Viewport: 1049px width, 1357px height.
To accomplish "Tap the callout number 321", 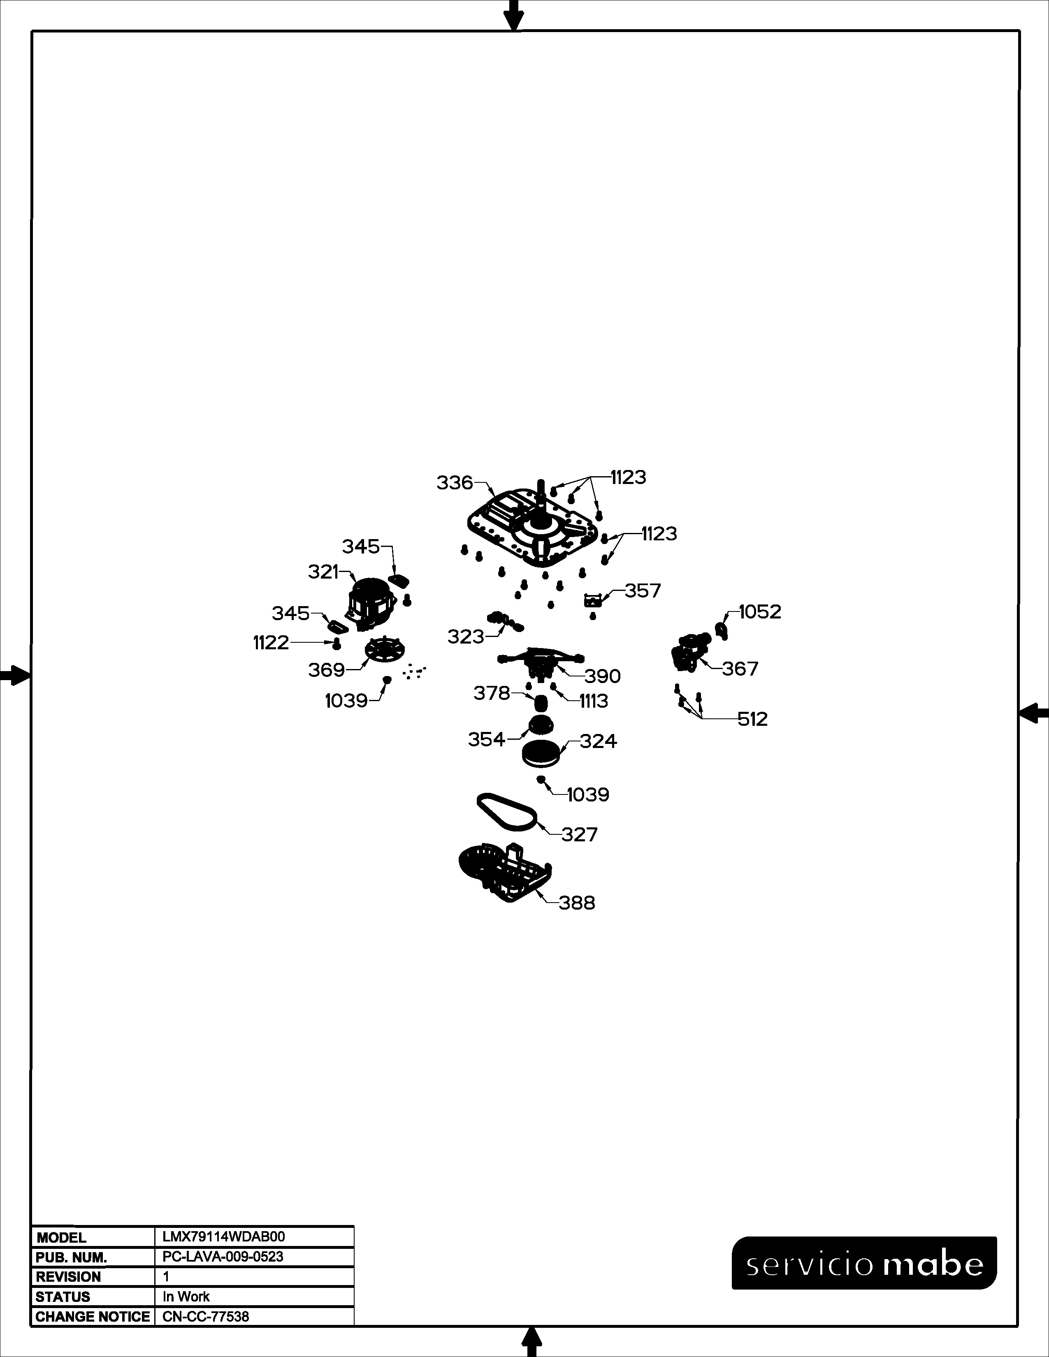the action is (x=323, y=572).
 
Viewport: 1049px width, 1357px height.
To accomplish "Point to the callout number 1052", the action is (x=760, y=612).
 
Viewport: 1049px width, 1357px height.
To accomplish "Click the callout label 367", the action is (x=740, y=669).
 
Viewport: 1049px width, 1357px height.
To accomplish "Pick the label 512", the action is (x=752, y=720).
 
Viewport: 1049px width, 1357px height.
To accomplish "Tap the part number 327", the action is (x=579, y=834).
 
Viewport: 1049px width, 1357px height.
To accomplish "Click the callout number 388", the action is (x=577, y=903).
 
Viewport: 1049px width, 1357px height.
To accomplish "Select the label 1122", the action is (x=271, y=642).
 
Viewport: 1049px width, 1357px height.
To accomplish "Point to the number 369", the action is (x=326, y=670).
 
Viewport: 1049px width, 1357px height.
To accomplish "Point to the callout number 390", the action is (x=602, y=676).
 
